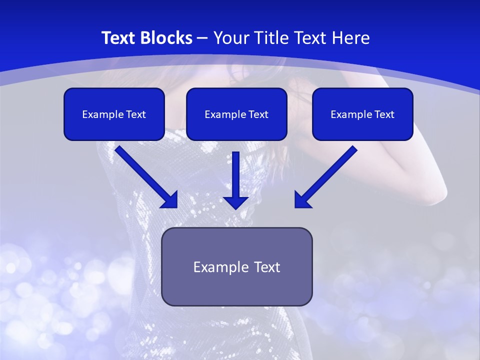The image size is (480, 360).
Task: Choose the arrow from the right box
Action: click(327, 175)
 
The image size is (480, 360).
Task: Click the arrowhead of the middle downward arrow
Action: click(235, 202)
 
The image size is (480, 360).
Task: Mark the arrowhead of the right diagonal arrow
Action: click(302, 200)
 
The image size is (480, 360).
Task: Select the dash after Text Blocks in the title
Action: click(202, 38)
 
